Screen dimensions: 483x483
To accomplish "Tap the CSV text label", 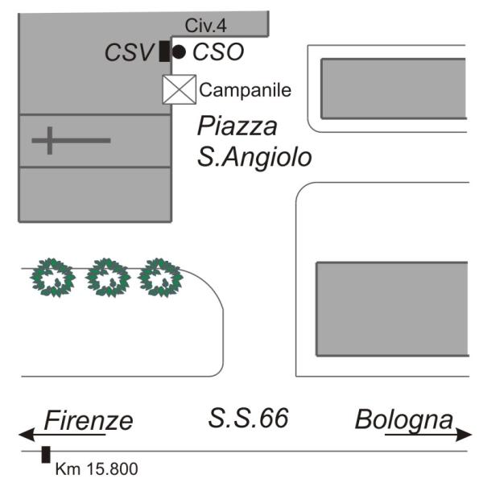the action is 129,53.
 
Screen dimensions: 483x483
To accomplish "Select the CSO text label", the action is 218,53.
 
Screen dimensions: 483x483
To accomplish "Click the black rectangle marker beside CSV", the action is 164,52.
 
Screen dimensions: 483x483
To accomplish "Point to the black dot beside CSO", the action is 179,52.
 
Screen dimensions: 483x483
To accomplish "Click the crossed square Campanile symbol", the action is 179,89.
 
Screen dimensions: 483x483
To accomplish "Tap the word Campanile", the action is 245,90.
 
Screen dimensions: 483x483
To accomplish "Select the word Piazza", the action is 237,126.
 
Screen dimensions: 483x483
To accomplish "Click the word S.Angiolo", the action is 254,155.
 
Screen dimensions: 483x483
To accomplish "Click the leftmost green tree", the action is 53,277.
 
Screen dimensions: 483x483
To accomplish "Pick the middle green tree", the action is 108,277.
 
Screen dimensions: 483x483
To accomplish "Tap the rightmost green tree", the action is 160,277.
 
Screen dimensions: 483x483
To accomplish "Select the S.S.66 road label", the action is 248,418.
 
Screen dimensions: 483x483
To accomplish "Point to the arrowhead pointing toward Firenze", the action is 27,435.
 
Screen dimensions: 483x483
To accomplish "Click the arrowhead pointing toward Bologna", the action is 464,435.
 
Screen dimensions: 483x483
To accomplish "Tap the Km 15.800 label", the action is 96,468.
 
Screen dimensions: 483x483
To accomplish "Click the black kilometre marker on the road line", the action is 47,454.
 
